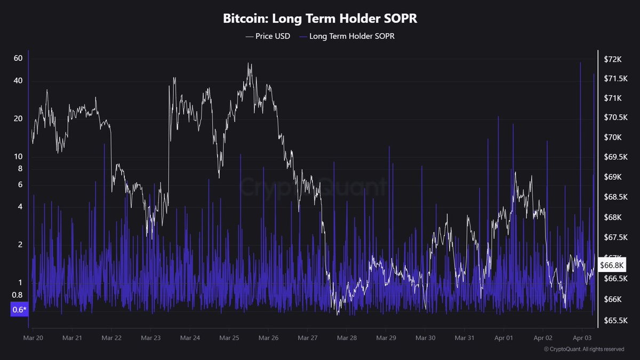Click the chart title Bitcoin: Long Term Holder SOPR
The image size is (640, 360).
tap(319, 19)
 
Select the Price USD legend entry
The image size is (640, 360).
tap(268, 36)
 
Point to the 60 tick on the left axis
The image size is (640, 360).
tap(18, 58)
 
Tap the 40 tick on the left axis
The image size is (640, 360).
tap(18, 81)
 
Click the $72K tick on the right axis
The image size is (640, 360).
tap(613, 59)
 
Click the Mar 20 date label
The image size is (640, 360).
tap(33, 338)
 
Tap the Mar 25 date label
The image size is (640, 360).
tap(229, 338)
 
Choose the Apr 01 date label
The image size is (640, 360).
tap(503, 338)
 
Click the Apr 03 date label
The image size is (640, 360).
tap(582, 338)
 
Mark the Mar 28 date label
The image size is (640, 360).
tap(347, 338)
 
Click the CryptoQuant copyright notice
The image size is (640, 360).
tap(583, 349)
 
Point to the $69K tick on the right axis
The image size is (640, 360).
tap(613, 177)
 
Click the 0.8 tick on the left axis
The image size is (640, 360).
tap(17, 295)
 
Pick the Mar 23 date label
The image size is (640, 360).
tap(150, 338)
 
